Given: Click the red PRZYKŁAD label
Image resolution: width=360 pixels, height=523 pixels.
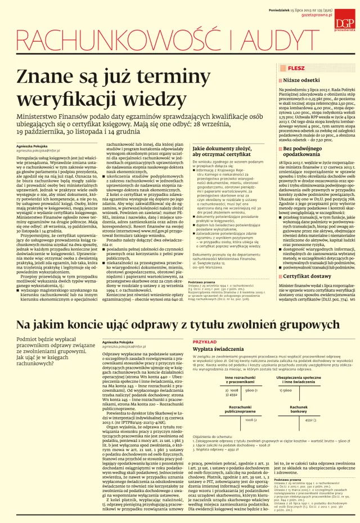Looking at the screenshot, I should (x=204, y=342).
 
